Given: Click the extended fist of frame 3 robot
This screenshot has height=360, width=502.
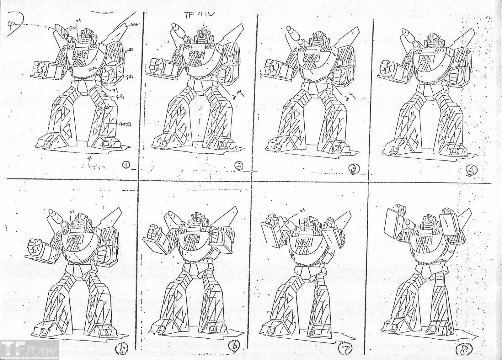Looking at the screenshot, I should pos(271,66).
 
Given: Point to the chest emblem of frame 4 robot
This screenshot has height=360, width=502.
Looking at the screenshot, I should pos(427,58).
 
